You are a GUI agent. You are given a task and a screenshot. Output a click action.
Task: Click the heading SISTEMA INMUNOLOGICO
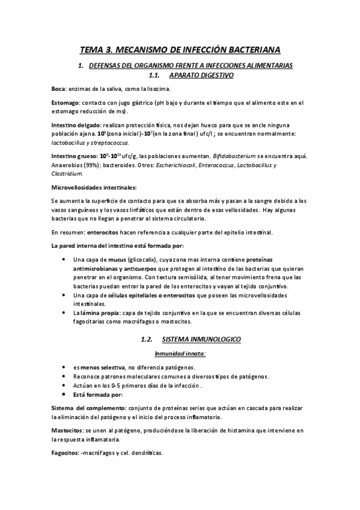(x=201, y=339)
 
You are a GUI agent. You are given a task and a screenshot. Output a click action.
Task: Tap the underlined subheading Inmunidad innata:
(x=180, y=354)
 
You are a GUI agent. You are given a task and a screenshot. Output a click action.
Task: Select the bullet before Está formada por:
(x=64, y=395)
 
